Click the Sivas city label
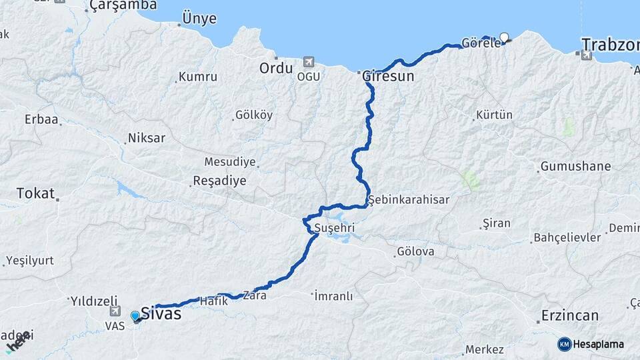pos(161,313)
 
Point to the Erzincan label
pos(569,315)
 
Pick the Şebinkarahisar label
pos(409,199)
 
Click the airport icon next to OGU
pos(308,62)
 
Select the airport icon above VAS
pos(115,311)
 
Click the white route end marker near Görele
pos(504,37)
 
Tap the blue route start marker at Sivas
pos(135,315)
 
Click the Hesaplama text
pos(599,344)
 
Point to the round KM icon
pos(564,344)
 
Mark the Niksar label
pos(147,139)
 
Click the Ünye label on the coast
pos(199,19)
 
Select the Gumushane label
pos(575,166)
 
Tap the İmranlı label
pos(333,295)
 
